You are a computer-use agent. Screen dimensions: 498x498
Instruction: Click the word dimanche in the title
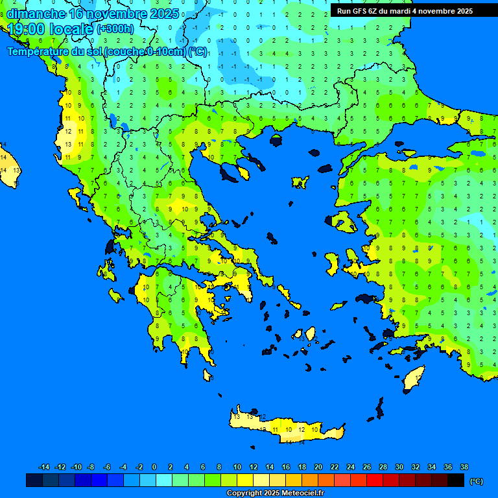(x=36, y=14)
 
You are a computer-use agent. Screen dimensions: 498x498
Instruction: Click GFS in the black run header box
(x=360, y=11)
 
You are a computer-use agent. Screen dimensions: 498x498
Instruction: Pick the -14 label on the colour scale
(x=44, y=467)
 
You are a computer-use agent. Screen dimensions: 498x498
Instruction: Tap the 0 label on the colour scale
(x=154, y=467)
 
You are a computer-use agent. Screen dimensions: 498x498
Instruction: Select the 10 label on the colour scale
(x=237, y=467)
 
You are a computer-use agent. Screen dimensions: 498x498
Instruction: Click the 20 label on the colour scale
(x=318, y=467)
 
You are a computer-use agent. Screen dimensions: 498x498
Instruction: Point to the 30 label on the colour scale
(x=399, y=467)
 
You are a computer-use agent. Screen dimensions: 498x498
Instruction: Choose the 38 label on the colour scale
(x=464, y=467)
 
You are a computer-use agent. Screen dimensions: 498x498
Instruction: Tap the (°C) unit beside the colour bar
(x=476, y=481)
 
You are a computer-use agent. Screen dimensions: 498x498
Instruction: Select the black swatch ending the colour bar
(x=456, y=480)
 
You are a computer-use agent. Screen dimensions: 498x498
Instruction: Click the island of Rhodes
(x=413, y=378)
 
